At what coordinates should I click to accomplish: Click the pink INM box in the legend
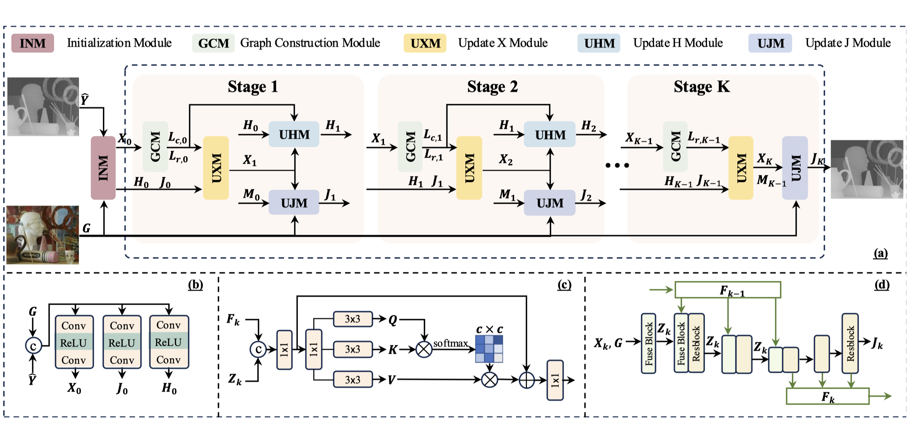coord(33,43)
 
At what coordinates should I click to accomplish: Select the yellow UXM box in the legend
coord(425,43)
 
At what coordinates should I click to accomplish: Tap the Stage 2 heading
coord(492,87)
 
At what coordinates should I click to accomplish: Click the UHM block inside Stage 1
coord(294,134)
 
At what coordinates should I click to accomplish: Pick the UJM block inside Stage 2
coord(550,203)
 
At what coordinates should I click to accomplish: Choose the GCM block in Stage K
coord(675,147)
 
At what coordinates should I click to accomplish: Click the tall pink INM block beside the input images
coord(103,168)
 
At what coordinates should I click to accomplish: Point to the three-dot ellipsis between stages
coord(617,165)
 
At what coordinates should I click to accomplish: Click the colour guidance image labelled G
coord(43,235)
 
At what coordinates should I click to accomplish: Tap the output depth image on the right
coord(867,169)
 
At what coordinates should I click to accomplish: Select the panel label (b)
coord(195,285)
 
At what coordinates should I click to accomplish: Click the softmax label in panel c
coord(450,343)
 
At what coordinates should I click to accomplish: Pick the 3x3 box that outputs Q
coord(353,319)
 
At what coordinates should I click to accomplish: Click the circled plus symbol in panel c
coord(526,380)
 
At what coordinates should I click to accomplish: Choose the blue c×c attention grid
coord(489,349)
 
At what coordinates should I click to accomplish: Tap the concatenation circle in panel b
coord(33,346)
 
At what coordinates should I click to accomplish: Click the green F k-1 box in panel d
coord(727,290)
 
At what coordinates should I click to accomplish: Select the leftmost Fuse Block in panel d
coord(648,343)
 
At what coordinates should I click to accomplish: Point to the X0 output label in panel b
coord(74,388)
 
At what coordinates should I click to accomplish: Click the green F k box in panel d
coord(827,396)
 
